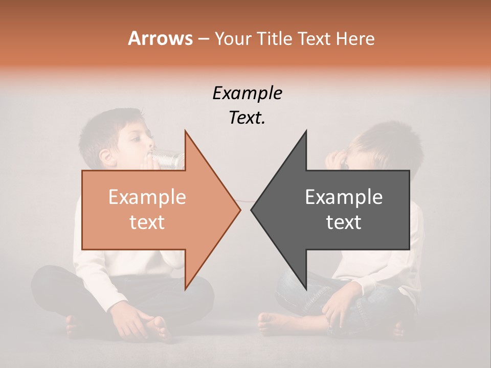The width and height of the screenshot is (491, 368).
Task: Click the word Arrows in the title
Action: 160,38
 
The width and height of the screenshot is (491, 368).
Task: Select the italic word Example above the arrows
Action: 247,94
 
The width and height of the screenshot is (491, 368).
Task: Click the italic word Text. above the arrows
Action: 247,118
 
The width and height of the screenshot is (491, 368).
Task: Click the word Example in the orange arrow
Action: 147,197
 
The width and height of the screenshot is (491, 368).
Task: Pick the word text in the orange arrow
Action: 147,222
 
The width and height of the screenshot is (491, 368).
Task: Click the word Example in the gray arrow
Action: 344,197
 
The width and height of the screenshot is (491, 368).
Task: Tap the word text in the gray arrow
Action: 344,222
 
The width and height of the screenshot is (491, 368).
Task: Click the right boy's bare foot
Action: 274,322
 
